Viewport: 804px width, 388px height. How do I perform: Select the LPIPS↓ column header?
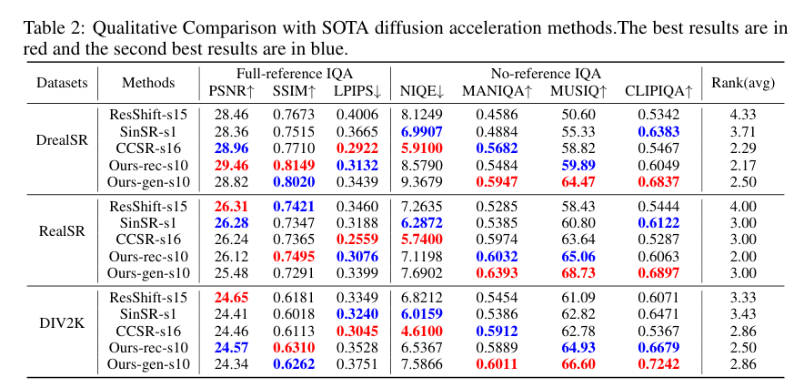click(358, 90)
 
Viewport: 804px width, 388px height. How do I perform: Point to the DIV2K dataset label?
click(62, 322)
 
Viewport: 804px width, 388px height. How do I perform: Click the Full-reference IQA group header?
click(294, 74)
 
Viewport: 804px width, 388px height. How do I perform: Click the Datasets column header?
click(63, 83)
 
